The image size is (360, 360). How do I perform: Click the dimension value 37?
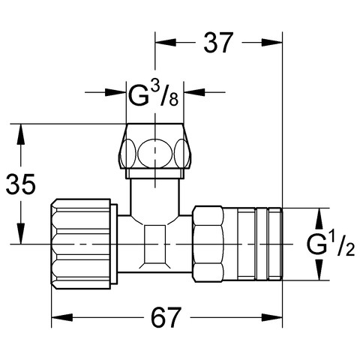(x=218, y=43)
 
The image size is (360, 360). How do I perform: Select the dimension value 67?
(x=165, y=317)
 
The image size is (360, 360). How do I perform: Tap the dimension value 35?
(x=20, y=184)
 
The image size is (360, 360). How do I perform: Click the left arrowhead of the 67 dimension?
(x=62, y=318)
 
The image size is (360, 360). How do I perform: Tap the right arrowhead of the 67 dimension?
(x=271, y=318)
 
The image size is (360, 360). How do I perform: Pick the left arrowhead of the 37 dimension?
(x=166, y=43)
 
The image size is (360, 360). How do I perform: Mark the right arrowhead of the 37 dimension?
(x=271, y=43)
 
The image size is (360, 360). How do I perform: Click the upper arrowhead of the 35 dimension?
(x=21, y=134)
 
